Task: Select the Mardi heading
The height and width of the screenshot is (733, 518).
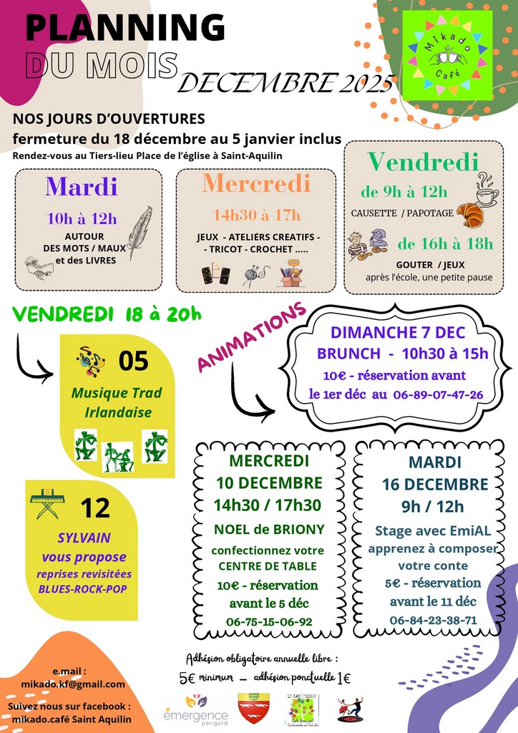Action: click(82, 186)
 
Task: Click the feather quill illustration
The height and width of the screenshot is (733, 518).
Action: click(140, 233)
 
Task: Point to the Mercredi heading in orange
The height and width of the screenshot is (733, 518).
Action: click(256, 183)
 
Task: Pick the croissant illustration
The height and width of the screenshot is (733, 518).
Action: click(469, 214)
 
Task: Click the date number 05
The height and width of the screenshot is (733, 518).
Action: click(133, 361)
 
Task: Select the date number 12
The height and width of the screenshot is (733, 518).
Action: click(95, 508)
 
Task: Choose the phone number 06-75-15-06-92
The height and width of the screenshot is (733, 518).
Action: click(269, 621)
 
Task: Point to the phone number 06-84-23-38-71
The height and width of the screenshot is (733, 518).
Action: click(433, 620)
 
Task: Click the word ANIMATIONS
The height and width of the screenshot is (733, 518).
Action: click(251, 336)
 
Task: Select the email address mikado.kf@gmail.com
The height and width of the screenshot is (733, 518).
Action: click(69, 684)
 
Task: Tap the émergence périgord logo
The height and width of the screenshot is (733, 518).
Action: click(195, 709)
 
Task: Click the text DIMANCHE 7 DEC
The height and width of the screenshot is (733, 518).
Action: click(397, 333)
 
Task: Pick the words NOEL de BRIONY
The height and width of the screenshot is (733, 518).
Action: click(269, 530)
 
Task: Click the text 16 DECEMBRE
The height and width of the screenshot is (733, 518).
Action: click(435, 484)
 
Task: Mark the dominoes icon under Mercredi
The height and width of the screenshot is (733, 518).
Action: click(215, 275)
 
